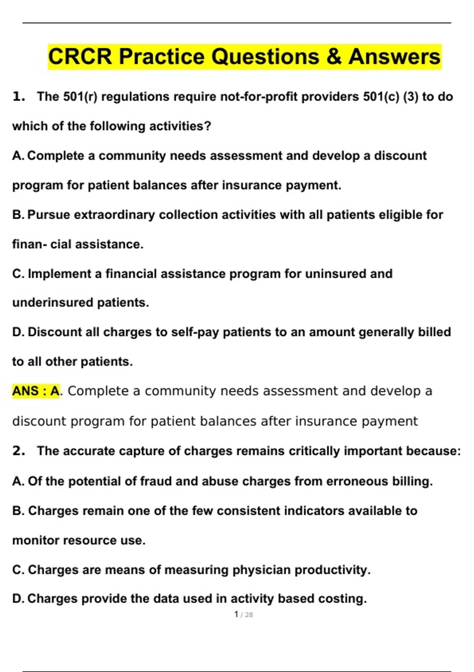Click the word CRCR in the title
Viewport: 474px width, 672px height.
click(x=80, y=57)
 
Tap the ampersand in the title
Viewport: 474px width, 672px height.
click(x=334, y=57)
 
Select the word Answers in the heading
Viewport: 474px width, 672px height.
click(x=394, y=57)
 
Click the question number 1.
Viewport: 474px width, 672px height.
click(x=18, y=96)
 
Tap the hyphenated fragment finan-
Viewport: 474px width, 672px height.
click(x=30, y=244)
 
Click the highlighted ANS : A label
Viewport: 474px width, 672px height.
click(x=36, y=391)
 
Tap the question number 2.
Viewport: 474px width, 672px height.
click(x=18, y=451)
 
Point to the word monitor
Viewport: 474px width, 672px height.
click(x=36, y=540)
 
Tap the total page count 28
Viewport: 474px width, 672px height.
click(x=249, y=615)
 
